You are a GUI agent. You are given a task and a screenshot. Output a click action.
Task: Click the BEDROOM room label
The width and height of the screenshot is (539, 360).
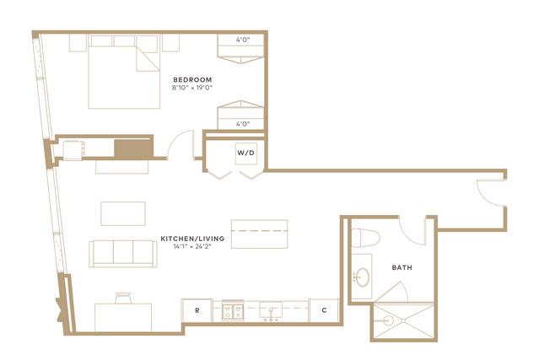point(192,80)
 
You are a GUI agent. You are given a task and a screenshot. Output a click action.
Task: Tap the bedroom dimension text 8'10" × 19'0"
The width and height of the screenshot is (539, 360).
point(192,88)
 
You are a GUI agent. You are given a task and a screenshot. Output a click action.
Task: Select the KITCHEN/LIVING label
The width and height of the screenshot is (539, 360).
point(192,239)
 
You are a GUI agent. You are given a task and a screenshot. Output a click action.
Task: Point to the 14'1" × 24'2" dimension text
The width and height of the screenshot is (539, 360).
point(192,246)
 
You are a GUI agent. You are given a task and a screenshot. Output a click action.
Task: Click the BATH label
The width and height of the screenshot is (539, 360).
point(402,267)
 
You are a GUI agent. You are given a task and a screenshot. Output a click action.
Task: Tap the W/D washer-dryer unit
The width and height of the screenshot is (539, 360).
point(246,153)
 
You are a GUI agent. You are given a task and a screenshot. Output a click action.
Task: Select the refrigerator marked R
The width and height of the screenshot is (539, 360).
point(197,310)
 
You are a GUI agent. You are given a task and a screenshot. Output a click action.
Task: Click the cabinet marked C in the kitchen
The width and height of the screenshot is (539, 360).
point(324,310)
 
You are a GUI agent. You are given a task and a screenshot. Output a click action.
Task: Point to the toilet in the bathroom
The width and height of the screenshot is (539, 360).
point(365,238)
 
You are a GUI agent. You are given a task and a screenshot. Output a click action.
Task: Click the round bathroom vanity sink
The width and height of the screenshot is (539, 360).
point(363,277)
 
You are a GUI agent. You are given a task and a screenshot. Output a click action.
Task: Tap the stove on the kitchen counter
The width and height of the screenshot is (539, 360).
point(233,311)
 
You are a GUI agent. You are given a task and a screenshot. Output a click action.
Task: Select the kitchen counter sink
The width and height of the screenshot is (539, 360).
point(271,311)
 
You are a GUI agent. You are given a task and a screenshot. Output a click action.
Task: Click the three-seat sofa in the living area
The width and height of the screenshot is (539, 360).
point(122,254)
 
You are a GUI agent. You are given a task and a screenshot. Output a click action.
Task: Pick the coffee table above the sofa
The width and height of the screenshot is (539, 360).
point(123,213)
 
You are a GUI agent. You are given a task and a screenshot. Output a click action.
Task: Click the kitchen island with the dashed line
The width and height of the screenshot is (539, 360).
point(259,234)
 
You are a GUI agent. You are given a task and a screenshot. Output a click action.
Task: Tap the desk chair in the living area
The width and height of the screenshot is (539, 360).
point(123,298)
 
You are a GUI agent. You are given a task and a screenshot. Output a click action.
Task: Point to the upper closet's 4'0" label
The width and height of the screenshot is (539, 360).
point(243,40)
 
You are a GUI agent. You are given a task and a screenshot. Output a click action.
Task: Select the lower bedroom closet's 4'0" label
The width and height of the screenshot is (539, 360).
point(243,124)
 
